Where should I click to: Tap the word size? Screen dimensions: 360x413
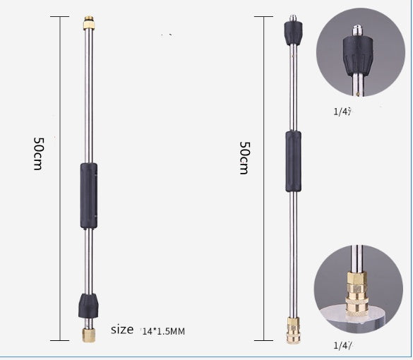point(122,329)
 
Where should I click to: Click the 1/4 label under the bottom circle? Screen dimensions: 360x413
point(342,345)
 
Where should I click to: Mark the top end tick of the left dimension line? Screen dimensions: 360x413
point(60,16)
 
